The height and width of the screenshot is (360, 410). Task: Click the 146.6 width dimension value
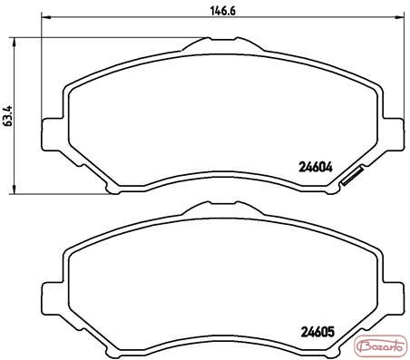click(x=223, y=11)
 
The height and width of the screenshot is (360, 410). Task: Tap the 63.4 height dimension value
click(x=7, y=115)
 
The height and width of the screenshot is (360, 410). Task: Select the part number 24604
click(x=316, y=167)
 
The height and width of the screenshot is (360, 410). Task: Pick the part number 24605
click(x=317, y=332)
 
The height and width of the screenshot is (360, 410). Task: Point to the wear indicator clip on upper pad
click(x=352, y=176)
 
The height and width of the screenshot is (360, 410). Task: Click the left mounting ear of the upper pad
click(x=52, y=134)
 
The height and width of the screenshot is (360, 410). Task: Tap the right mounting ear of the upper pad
click(x=394, y=133)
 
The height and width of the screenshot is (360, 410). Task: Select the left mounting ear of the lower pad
click(x=52, y=298)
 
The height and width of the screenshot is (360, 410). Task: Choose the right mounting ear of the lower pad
click(x=394, y=298)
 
